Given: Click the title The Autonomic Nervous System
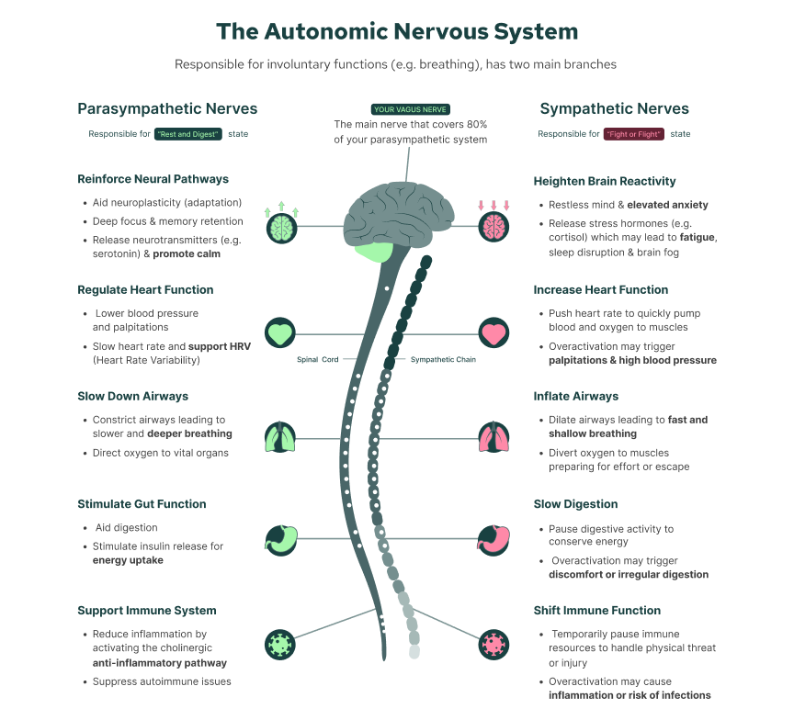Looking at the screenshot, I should coord(397,31).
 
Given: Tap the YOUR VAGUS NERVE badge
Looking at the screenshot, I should coord(410,109).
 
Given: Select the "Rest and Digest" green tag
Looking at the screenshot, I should coord(188,134).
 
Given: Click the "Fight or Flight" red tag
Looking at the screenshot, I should coord(634,134).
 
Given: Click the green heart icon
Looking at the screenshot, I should coord(280,332).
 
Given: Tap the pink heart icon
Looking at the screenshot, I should coord(493,332).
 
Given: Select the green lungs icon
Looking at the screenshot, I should coord(280,438).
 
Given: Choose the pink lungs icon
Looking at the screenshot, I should coord(493,438).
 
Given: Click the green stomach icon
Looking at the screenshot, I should coord(280,538).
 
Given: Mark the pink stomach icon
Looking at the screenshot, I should coord(493,538).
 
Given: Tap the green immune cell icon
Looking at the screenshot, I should coord(280,644).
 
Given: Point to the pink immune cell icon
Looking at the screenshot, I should coord(493,644).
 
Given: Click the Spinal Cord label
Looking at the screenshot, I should coord(317,360).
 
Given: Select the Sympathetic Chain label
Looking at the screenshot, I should coord(443,360).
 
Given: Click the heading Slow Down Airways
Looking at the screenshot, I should coord(132,397).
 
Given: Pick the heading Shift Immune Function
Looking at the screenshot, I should coord(596,611).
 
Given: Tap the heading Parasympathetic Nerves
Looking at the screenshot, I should coord(167,109).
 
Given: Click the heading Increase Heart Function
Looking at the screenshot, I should coord(600,290).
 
